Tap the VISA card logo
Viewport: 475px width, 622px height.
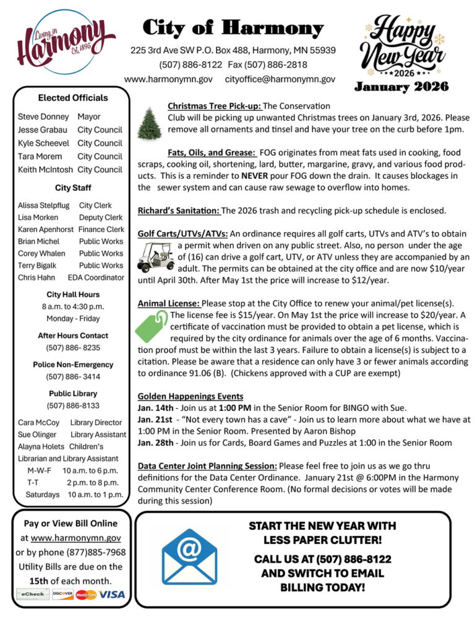(x=111, y=594)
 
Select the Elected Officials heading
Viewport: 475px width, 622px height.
(x=72, y=98)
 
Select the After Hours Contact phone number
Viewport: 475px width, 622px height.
(x=72, y=347)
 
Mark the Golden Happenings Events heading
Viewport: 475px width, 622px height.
(x=190, y=396)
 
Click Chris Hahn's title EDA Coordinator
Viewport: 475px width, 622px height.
(x=96, y=277)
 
